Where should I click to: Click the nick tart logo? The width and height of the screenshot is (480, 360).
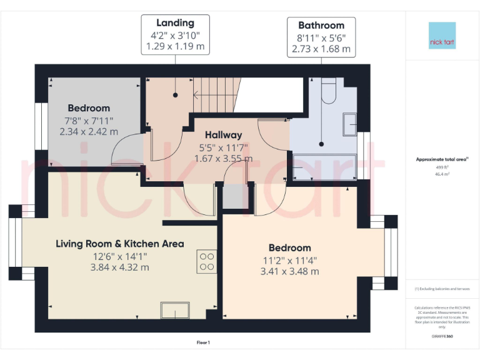click(442, 36)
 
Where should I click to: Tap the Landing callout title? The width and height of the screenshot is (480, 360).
click(175, 23)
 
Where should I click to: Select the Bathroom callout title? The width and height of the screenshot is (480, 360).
click(321, 26)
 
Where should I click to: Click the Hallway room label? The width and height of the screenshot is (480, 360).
click(223, 135)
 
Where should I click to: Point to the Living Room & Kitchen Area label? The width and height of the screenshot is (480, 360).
click(120, 244)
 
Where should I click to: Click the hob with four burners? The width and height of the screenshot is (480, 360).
click(207, 261)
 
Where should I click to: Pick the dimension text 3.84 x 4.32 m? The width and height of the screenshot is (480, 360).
click(120, 267)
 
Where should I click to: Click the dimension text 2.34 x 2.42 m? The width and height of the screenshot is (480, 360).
click(89, 132)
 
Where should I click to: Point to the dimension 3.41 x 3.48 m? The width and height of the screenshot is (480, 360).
click(289, 271)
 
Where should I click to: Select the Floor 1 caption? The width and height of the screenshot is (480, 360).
click(203, 342)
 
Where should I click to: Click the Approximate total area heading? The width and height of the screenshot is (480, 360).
click(441, 160)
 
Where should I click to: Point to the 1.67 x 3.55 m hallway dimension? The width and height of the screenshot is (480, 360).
click(223, 159)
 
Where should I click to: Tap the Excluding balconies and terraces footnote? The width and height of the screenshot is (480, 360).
click(442, 289)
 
